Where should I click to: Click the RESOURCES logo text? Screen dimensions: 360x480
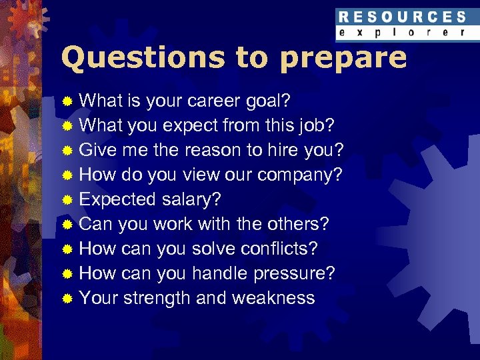click(x=401, y=17)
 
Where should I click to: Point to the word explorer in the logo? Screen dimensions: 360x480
click(x=401, y=33)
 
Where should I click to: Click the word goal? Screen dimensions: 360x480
click(x=267, y=100)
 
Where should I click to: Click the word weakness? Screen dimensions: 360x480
click(x=273, y=297)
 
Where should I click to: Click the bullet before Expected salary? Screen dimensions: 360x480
click(x=67, y=199)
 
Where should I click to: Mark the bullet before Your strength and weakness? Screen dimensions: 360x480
click(x=67, y=298)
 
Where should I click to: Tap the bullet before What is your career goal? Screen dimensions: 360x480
click(x=67, y=101)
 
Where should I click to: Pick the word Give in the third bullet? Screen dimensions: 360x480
click(x=97, y=149)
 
